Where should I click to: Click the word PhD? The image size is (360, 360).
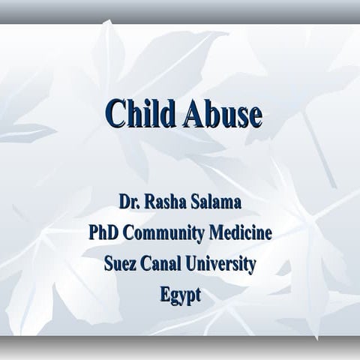pyautogui.click(x=104, y=232)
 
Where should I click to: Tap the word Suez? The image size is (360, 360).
pyautogui.click(x=121, y=264)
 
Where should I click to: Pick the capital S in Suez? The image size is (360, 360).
pyautogui.click(x=109, y=264)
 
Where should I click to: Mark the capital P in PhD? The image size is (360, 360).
pyautogui.click(x=94, y=232)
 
